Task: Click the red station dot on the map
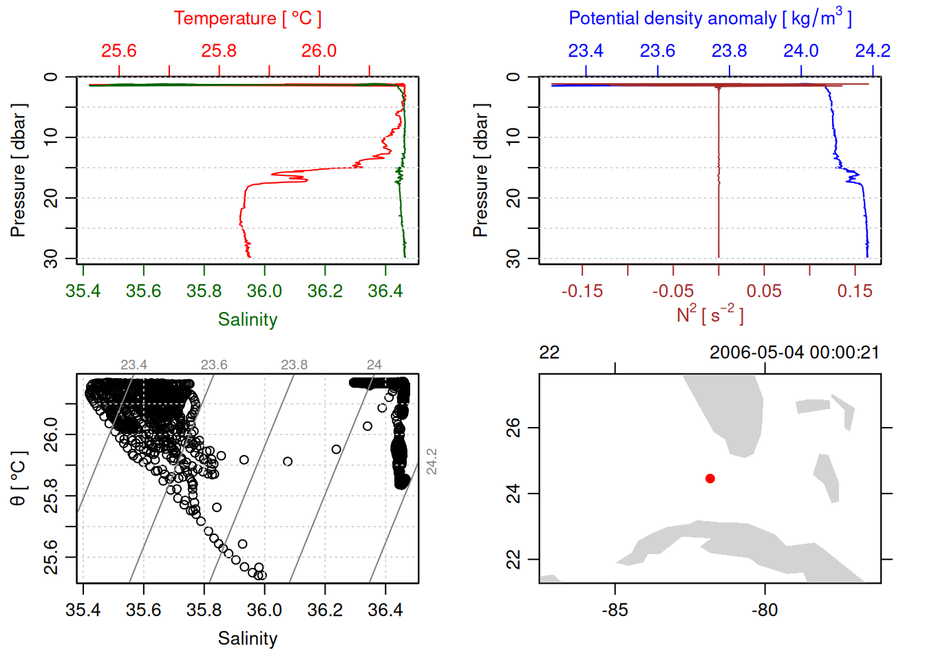(x=710, y=478)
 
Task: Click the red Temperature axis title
(x=247, y=19)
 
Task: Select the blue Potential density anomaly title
(x=710, y=19)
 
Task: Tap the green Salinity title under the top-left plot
(x=247, y=320)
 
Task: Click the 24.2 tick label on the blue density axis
(x=872, y=51)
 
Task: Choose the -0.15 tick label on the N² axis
(x=582, y=291)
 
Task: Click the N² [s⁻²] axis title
(x=710, y=315)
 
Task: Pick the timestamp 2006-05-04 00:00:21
(x=794, y=353)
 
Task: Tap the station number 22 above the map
(x=549, y=353)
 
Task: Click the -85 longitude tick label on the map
(x=615, y=610)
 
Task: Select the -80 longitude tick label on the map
(x=765, y=610)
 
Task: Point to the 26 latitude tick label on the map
(x=513, y=428)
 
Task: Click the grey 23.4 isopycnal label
(x=134, y=365)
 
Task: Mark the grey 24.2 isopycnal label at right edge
(x=432, y=461)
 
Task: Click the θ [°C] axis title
(x=19, y=478)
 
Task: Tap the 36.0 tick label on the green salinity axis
(x=264, y=291)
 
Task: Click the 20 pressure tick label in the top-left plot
(x=51, y=198)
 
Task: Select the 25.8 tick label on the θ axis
(x=51, y=496)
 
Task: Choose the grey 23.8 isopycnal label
(x=294, y=365)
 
